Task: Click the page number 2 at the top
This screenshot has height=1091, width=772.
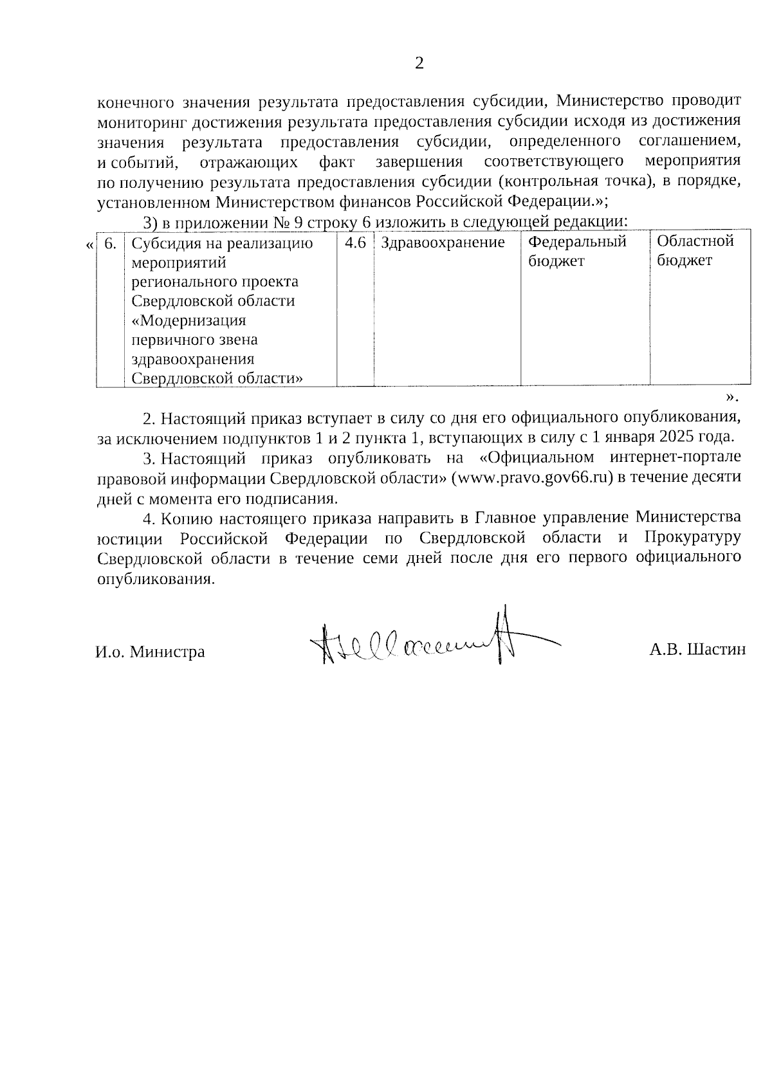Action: tap(419, 63)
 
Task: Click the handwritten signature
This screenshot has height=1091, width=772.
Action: tap(425, 641)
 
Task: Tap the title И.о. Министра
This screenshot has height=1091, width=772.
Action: tap(150, 652)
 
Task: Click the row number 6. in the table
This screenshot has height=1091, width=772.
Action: tap(110, 243)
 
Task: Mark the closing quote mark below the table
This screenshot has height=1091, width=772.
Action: tap(730, 395)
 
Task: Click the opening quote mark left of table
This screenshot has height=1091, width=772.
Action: tap(89, 245)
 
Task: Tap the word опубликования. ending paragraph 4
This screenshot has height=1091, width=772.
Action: tap(155, 578)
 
